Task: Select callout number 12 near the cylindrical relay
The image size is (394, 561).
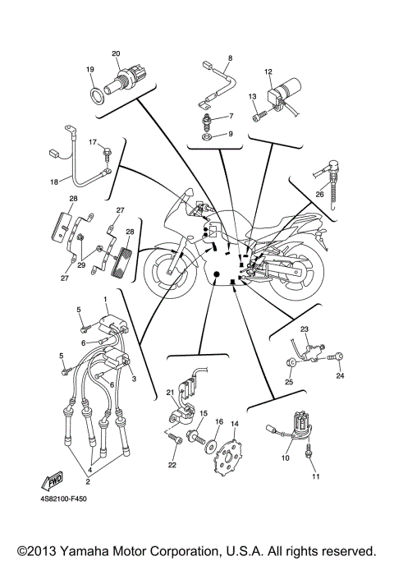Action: click(268, 72)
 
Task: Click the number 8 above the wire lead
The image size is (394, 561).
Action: click(230, 57)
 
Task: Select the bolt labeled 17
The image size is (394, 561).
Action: click(107, 152)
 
